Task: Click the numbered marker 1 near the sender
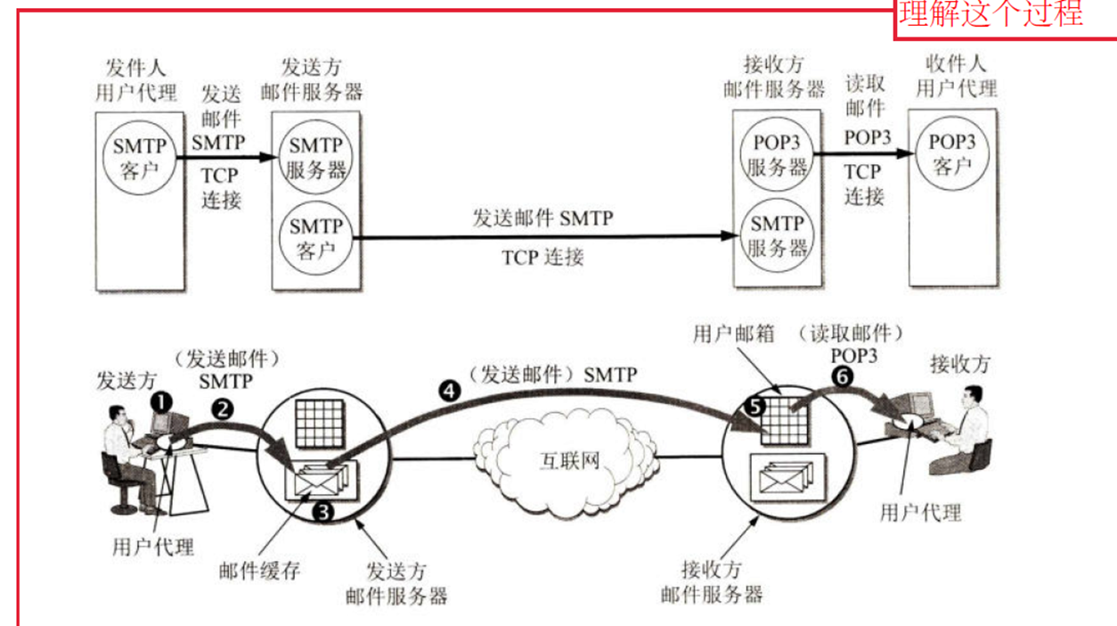[x=161, y=402]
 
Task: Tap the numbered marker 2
[x=223, y=410]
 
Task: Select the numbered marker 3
[x=322, y=512]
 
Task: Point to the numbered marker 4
[x=449, y=391]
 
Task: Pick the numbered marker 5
[x=755, y=407]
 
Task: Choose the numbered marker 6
[x=843, y=376]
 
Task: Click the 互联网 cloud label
[x=570, y=461]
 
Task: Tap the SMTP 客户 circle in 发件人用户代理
[x=140, y=158]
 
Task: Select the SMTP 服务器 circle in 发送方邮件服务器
[x=315, y=157]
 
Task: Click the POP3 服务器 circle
[x=777, y=154]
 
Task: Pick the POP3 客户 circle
[x=952, y=153]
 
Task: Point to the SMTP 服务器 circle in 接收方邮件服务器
[x=777, y=235]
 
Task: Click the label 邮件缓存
[x=259, y=571]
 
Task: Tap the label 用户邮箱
[x=733, y=334]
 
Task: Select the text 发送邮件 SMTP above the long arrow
[x=543, y=218]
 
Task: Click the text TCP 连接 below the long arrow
[x=542, y=258]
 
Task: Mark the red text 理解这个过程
[x=991, y=13]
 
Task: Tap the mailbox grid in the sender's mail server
[x=320, y=424]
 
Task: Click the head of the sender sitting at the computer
[x=118, y=415]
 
